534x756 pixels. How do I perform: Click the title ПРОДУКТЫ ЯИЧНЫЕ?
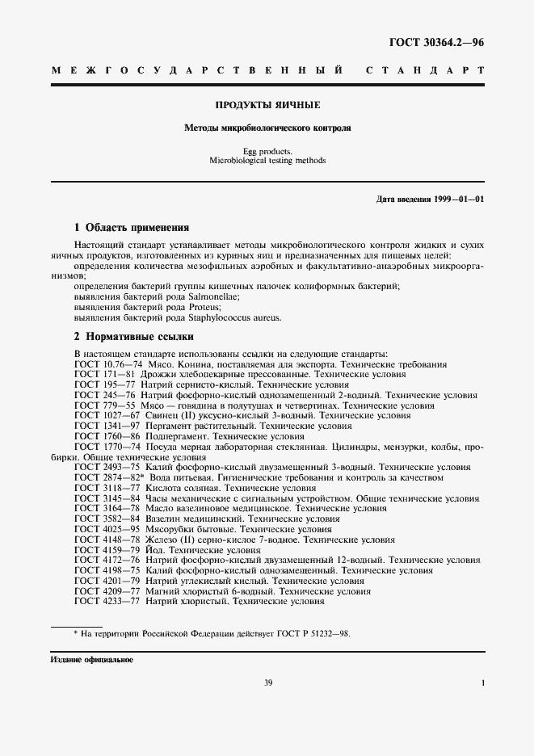pos(267,105)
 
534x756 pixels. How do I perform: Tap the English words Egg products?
pos(267,151)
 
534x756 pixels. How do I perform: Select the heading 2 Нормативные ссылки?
pos(133,336)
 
